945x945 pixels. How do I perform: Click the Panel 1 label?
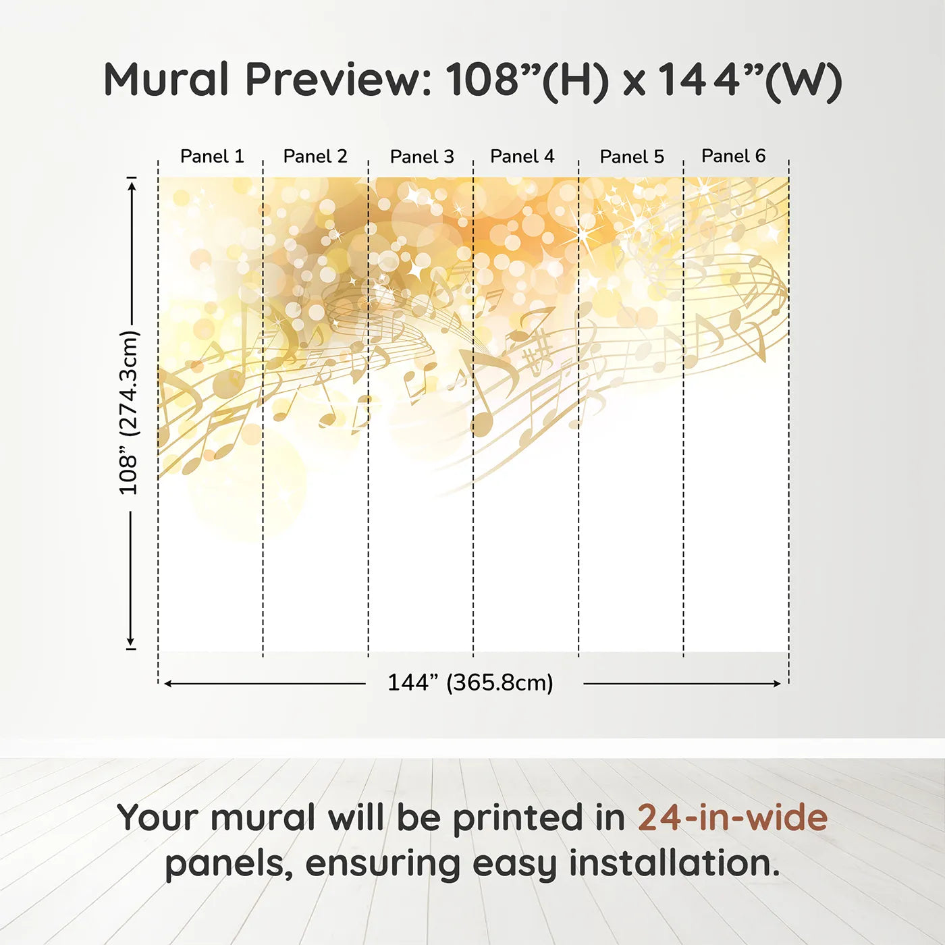212,156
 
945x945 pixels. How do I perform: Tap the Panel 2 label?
315,156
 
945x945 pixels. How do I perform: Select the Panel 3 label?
422,157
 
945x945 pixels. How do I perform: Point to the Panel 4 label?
522,156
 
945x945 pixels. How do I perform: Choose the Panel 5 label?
632,157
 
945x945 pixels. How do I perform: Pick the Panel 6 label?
733,156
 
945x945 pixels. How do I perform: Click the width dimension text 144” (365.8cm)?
470,682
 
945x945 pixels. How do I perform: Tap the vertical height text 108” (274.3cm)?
129,412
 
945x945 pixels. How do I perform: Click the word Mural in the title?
166,80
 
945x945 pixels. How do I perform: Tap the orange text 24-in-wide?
732,817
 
